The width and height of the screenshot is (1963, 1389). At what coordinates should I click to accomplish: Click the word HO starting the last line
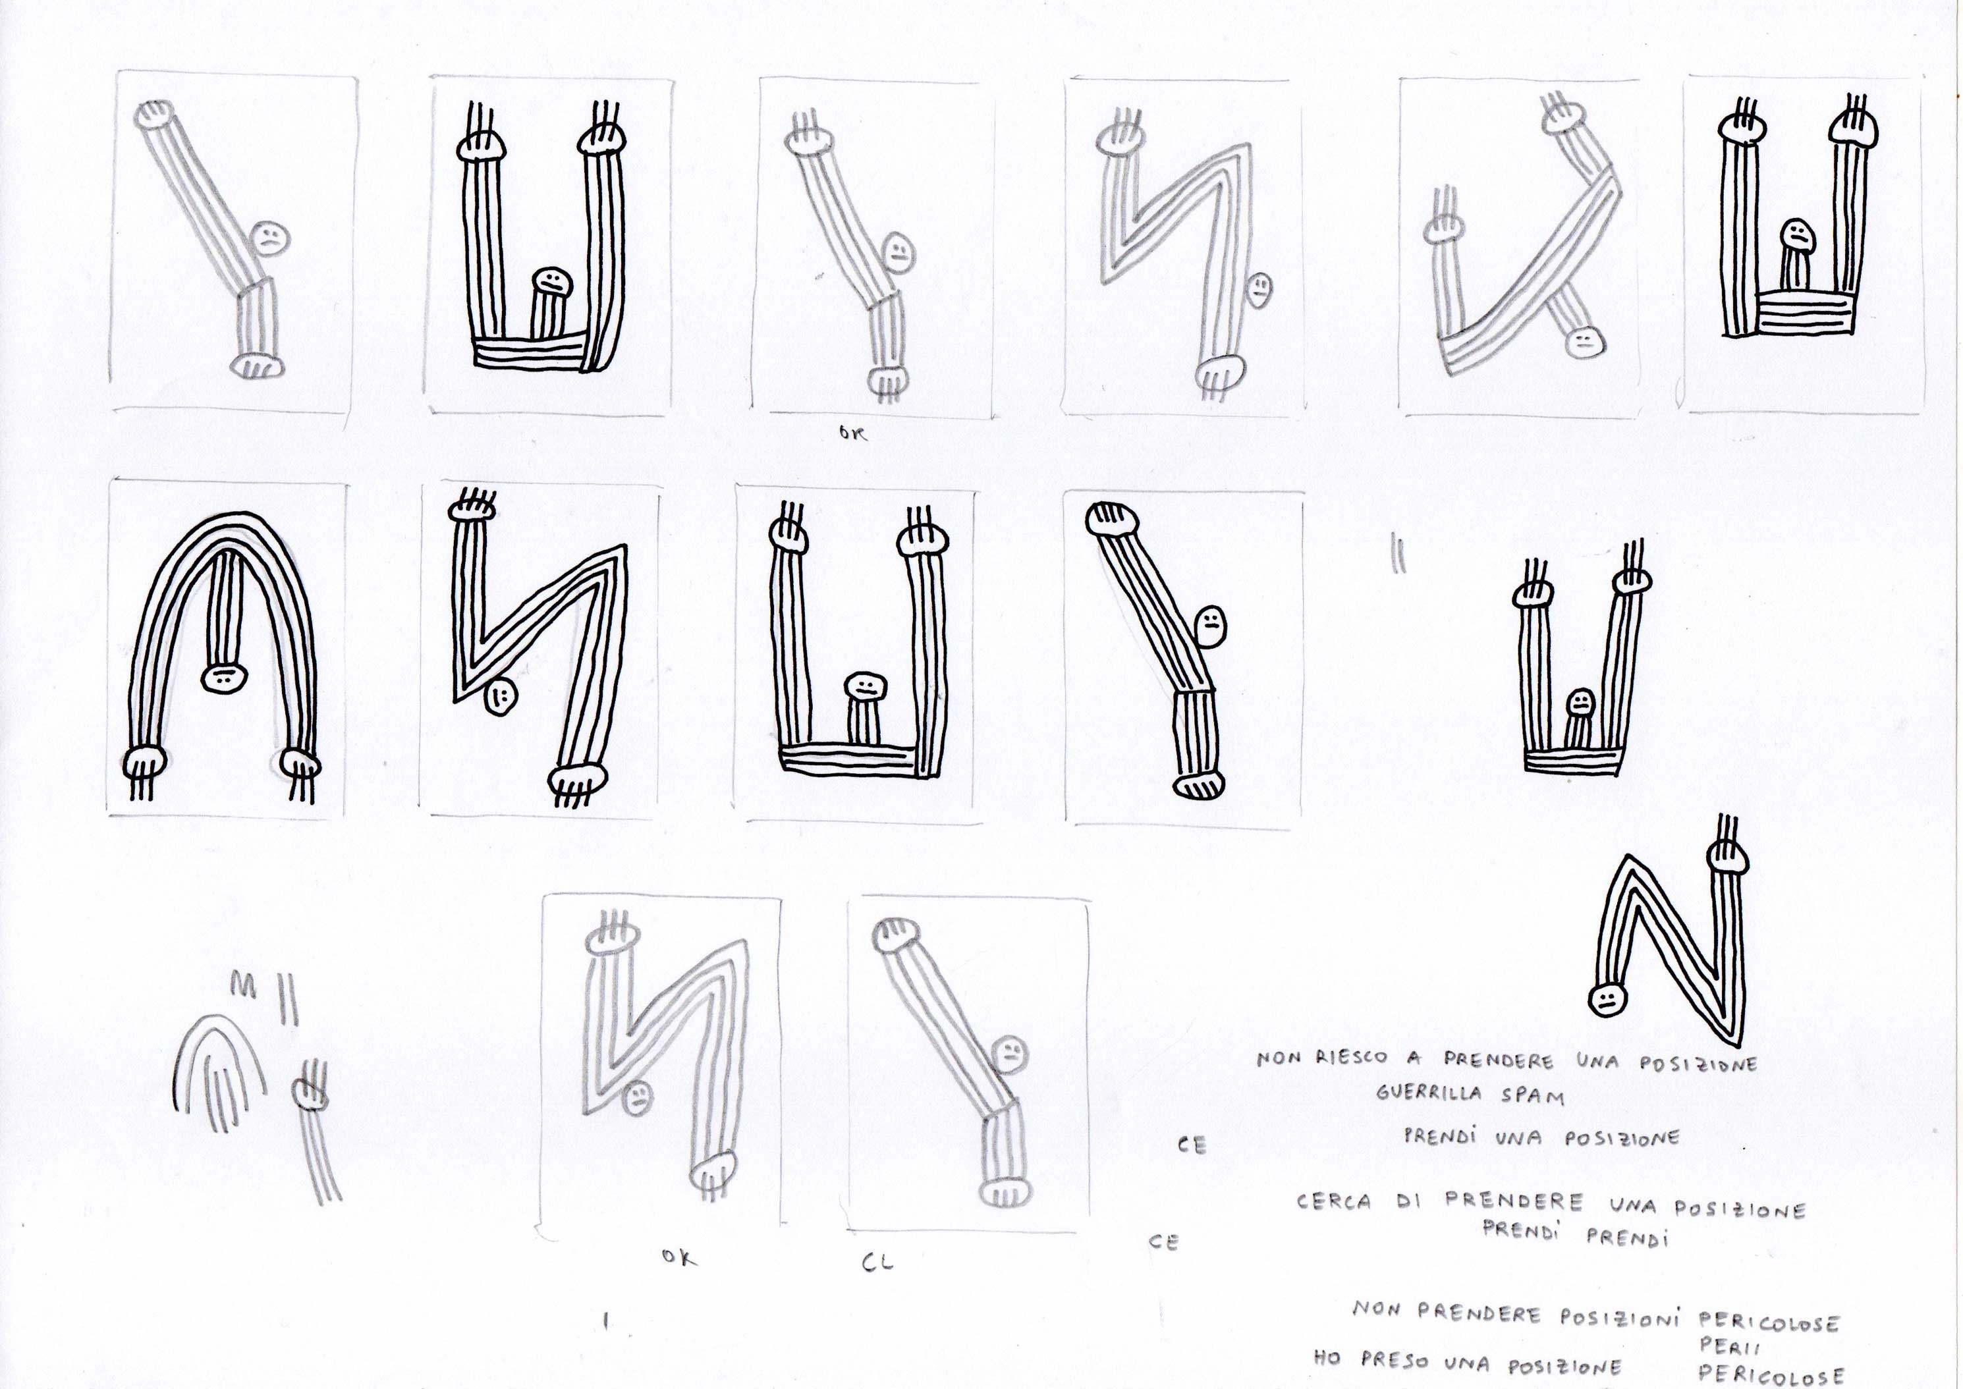pyautogui.click(x=1327, y=1357)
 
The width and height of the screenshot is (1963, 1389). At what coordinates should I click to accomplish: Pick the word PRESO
pyautogui.click(x=1395, y=1360)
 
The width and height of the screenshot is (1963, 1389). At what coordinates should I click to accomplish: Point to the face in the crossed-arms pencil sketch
pyautogui.click(x=1584, y=342)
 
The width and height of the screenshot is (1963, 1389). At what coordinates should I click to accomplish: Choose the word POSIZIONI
pyautogui.click(x=1622, y=1318)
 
